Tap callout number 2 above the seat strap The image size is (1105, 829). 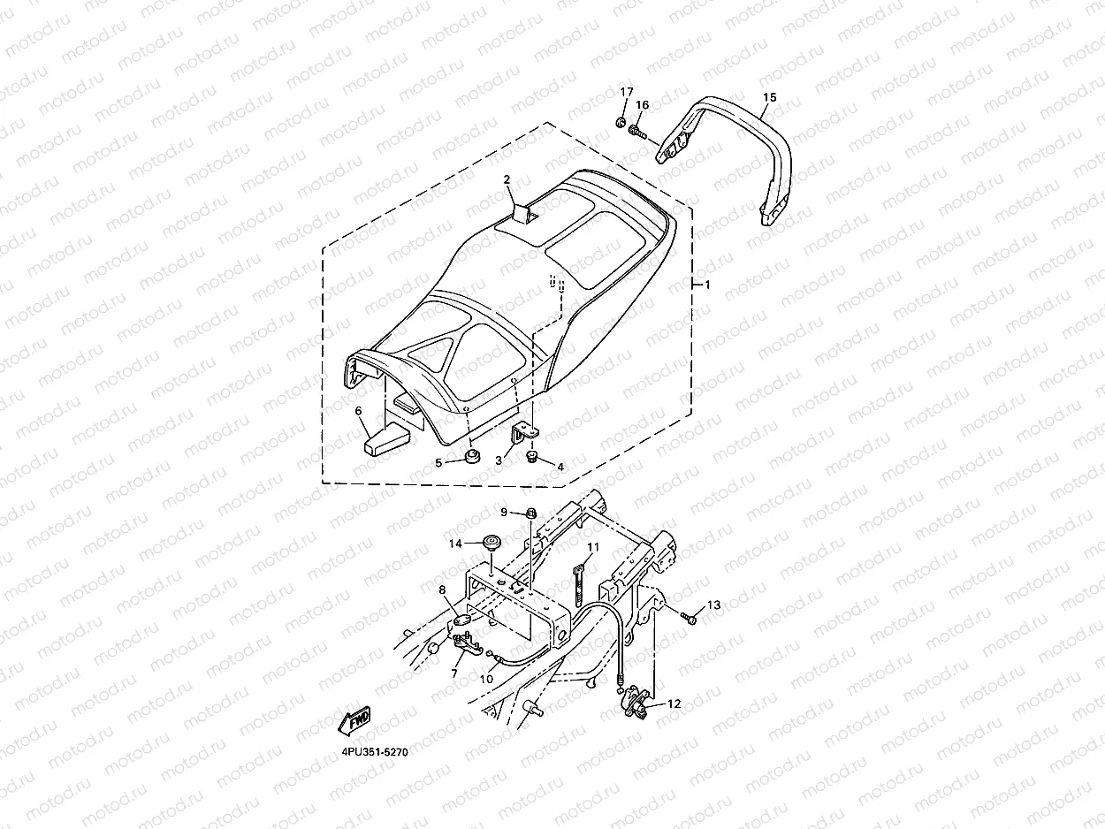[507, 180]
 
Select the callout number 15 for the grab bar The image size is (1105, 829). [769, 97]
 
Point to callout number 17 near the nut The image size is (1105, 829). [626, 93]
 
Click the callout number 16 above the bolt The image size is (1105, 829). [643, 105]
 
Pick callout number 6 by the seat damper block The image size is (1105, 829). [359, 411]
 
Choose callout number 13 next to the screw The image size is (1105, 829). [713, 605]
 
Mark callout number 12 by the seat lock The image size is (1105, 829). [674, 704]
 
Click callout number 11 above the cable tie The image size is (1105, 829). [592, 548]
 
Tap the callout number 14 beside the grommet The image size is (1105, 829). [456, 543]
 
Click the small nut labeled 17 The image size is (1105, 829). [621, 121]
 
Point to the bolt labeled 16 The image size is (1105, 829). [636, 133]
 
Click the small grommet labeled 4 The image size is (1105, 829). [533, 457]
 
